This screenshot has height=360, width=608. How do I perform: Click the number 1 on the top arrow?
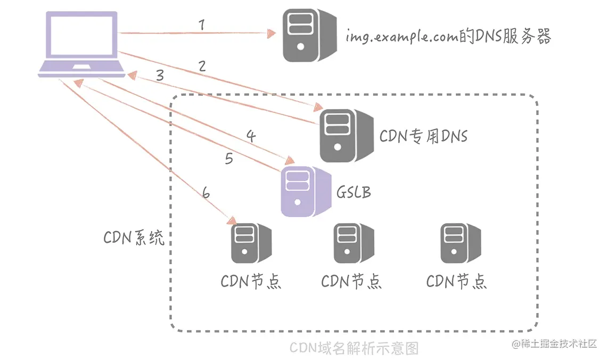[201, 24]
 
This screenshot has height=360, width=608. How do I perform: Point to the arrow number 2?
[201, 67]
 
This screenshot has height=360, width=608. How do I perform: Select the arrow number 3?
[160, 76]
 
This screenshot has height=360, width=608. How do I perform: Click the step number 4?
[251, 136]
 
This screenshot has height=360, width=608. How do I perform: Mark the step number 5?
[229, 159]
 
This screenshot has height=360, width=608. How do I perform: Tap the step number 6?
[206, 193]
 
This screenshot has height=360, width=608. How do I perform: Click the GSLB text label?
[354, 192]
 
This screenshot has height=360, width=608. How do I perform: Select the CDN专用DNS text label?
[423, 136]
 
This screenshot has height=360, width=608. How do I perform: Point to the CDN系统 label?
[134, 238]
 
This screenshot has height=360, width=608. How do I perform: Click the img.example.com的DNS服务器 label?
[448, 37]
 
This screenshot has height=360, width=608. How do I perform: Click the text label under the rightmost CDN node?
[457, 281]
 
